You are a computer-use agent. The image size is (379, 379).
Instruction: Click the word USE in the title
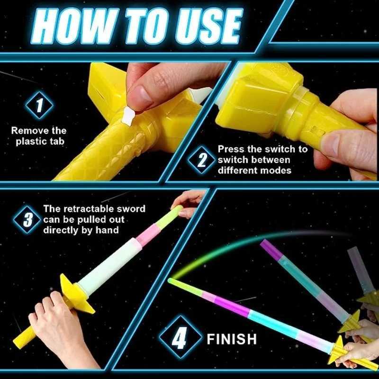209,27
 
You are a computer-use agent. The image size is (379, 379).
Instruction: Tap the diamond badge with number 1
39,105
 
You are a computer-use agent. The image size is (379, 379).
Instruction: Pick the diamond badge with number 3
27,219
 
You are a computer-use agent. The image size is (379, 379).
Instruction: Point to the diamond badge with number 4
180,338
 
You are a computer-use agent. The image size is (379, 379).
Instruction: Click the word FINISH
232,339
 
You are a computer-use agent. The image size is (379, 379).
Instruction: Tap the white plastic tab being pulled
128,116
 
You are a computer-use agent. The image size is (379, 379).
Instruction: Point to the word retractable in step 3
89,209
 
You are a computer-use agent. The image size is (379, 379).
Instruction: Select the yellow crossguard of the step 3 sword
76,294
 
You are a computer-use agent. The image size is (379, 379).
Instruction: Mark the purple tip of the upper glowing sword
270,249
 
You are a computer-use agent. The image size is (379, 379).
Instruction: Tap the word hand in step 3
108,230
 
